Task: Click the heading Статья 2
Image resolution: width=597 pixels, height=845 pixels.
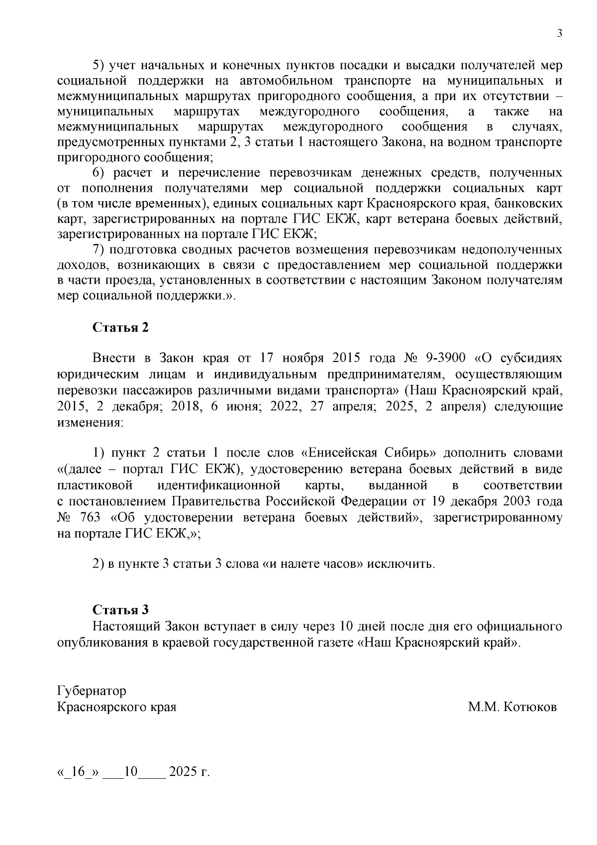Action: (120, 328)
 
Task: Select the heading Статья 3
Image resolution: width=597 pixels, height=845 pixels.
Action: (120, 610)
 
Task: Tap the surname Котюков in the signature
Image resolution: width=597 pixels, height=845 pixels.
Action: (530, 707)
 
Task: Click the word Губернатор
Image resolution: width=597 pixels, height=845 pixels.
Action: (92, 691)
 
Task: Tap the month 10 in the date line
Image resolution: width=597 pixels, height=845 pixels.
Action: (130, 772)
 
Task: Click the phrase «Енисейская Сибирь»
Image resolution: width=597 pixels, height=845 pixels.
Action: (369, 453)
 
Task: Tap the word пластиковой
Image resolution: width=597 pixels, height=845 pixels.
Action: (95, 485)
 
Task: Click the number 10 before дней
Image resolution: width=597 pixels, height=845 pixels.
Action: (345, 626)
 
